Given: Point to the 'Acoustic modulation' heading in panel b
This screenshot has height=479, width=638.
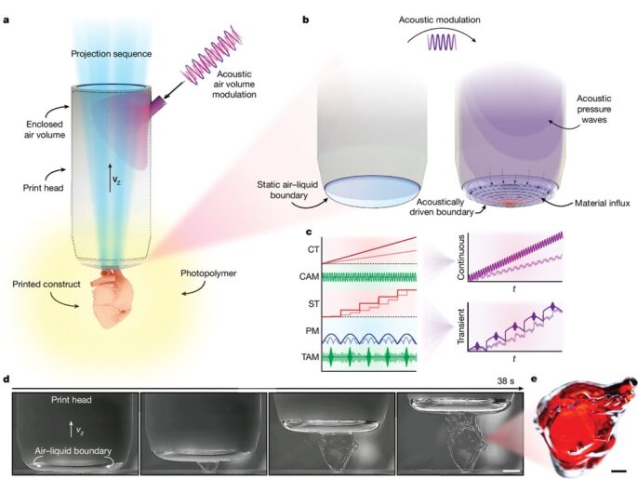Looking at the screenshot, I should (x=443, y=18).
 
